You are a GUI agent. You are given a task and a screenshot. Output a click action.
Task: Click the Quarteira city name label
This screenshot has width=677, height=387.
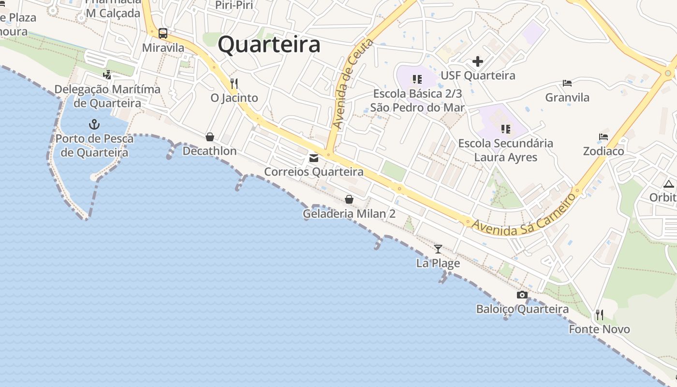click(269, 45)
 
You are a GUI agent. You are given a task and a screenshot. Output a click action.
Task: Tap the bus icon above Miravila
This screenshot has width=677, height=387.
click(163, 33)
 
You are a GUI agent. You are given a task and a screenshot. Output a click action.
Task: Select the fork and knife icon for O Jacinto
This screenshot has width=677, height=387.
click(234, 83)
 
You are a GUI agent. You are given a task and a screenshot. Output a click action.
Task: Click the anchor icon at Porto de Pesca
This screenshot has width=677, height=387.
click(94, 125)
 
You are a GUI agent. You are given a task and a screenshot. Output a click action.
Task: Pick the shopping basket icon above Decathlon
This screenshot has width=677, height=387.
click(210, 137)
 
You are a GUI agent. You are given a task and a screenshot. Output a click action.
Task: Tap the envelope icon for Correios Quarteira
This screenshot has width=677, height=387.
click(314, 158)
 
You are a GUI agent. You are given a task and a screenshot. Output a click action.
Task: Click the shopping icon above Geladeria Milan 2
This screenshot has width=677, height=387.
click(349, 199)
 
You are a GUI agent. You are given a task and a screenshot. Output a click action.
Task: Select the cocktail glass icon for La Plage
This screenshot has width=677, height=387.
click(438, 249)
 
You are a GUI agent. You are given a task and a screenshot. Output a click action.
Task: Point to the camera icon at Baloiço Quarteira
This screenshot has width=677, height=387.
click(522, 295)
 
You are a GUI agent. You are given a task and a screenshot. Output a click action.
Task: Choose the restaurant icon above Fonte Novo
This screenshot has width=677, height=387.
click(600, 315)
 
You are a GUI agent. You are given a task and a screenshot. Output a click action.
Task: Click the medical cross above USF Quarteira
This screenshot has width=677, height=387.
click(478, 61)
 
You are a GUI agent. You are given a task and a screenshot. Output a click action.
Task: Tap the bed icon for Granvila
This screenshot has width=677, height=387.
click(567, 83)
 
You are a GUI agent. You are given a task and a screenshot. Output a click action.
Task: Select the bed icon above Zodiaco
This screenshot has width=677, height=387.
click(603, 137)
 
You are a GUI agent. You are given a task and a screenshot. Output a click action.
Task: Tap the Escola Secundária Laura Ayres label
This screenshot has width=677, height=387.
click(506, 150)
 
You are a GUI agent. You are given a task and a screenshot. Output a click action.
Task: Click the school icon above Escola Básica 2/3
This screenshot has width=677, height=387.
click(417, 79)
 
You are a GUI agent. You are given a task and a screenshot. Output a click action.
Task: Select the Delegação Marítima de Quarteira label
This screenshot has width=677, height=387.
click(107, 96)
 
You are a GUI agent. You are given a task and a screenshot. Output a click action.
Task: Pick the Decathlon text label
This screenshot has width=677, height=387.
click(209, 151)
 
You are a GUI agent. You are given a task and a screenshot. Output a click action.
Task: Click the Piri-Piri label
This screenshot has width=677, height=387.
click(234, 5)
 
